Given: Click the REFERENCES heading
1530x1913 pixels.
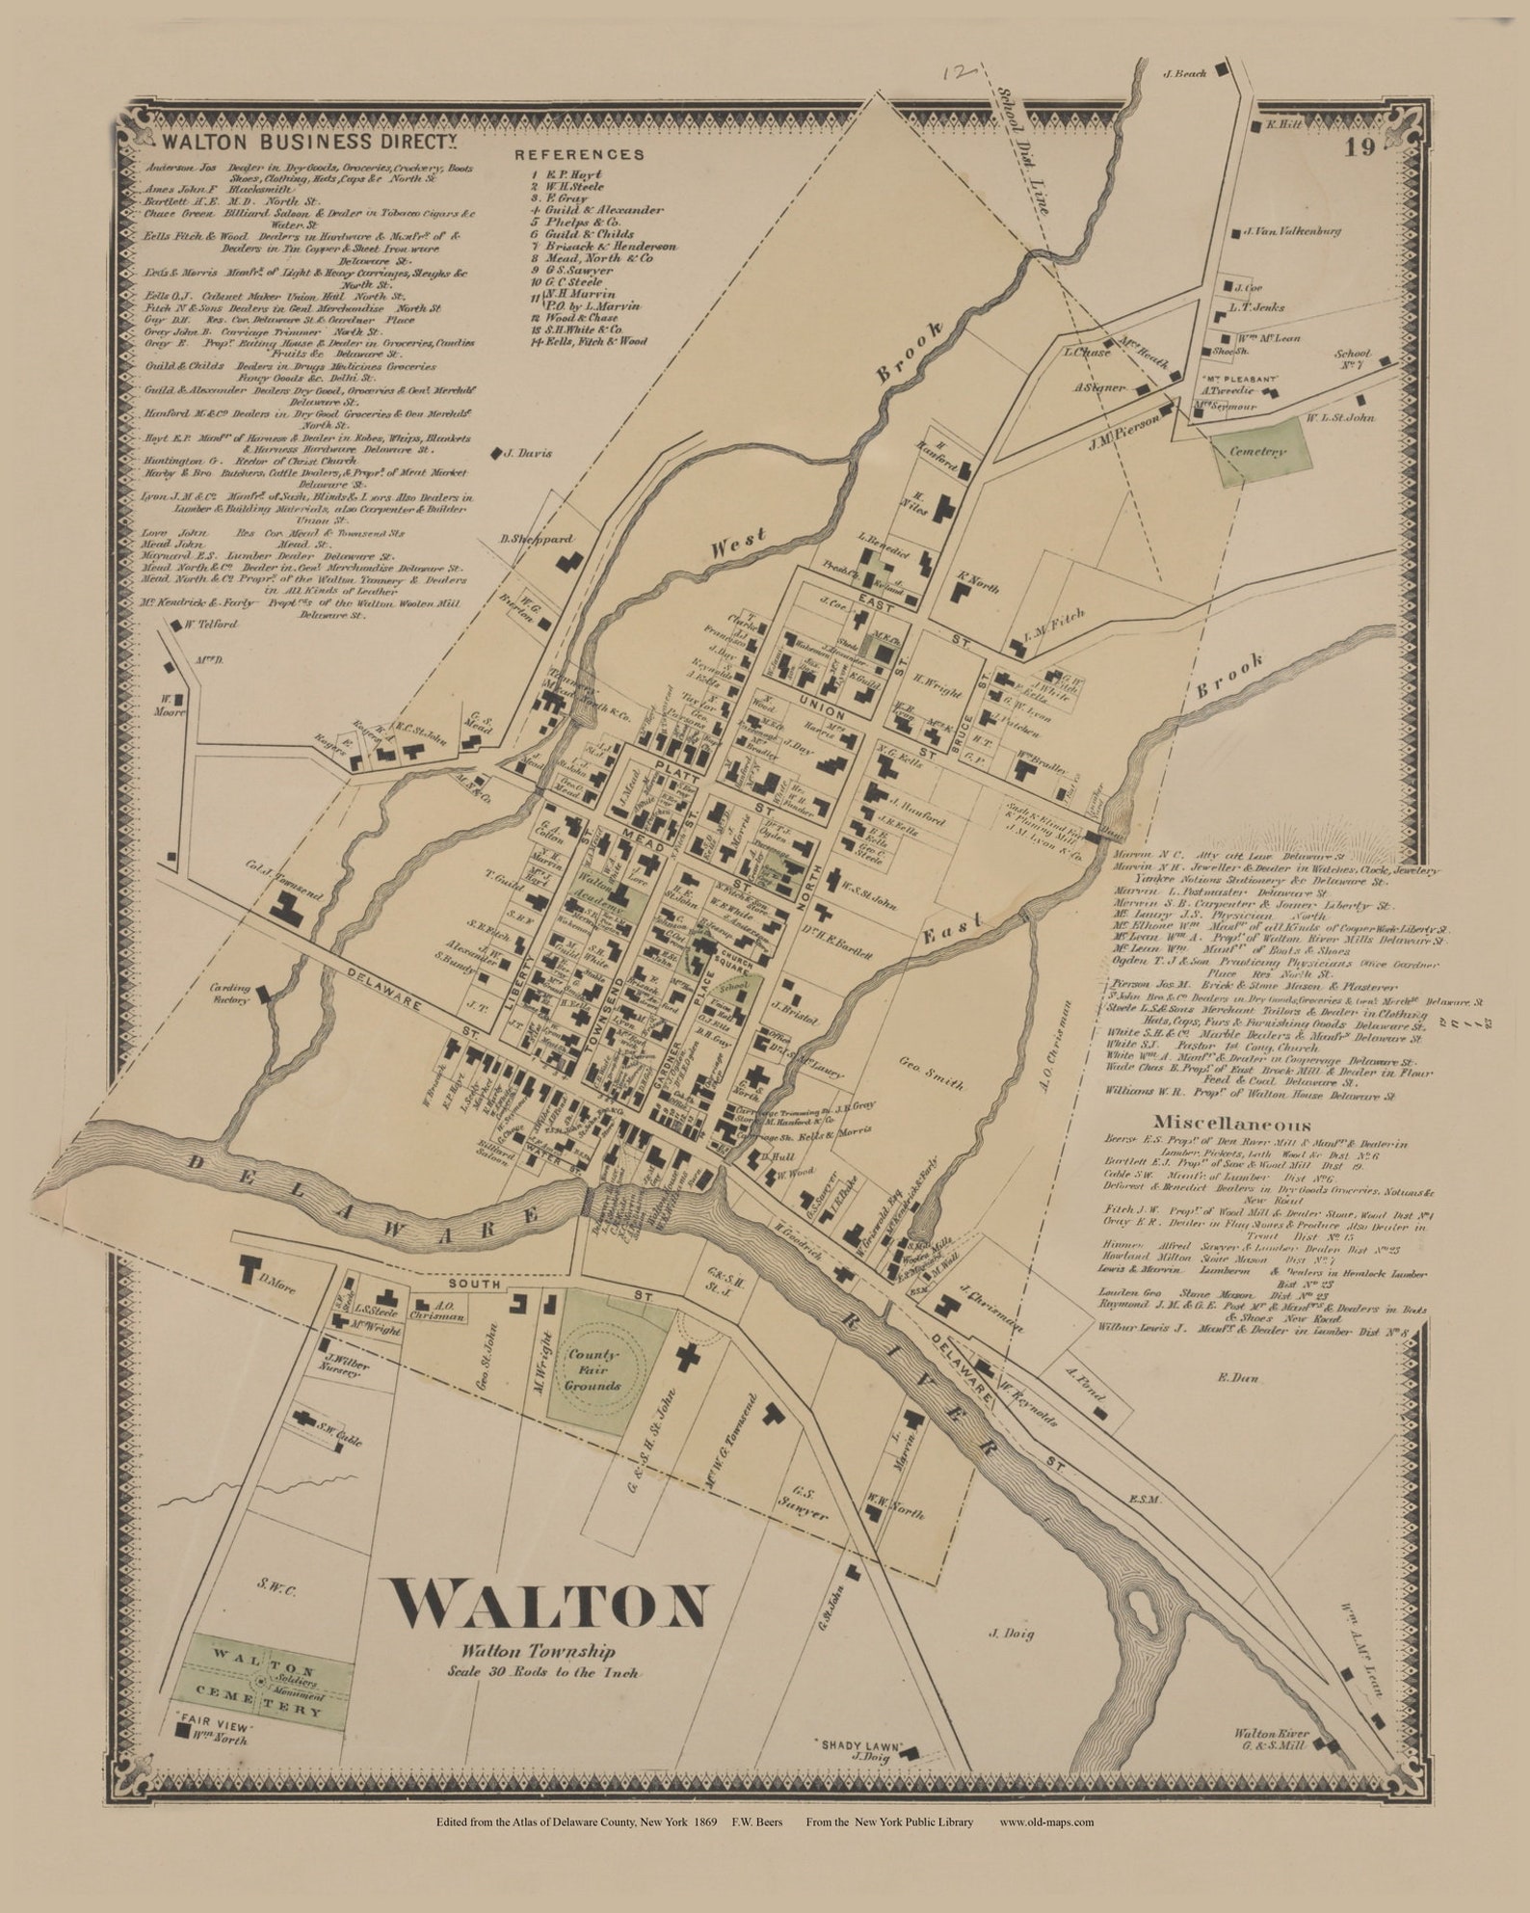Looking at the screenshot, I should (x=579, y=154).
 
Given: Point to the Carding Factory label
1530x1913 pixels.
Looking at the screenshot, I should (x=230, y=994).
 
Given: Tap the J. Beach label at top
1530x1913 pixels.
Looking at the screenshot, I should (x=1185, y=73).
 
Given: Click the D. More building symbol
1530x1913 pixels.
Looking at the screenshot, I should (x=252, y=1269).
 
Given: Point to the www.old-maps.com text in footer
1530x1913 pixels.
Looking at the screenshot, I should (x=1046, y=1822).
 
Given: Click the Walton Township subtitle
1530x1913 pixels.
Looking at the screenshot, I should (x=537, y=1651).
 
